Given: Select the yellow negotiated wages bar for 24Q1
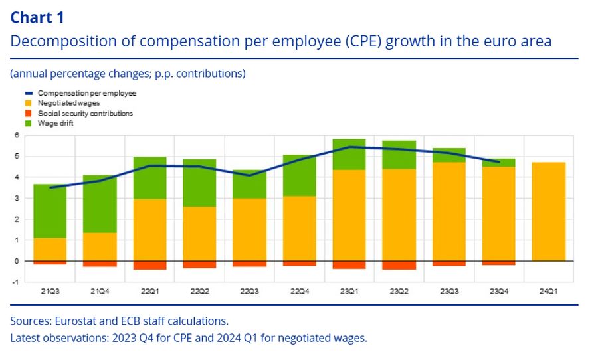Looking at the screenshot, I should tap(548, 211).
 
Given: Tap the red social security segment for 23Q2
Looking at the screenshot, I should tap(399, 265).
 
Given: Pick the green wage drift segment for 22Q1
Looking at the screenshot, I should tap(149, 178).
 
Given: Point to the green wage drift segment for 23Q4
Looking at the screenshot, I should tap(498, 163).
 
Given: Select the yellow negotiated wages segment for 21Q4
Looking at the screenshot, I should tap(100, 246).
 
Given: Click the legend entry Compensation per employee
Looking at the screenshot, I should tap(86, 94).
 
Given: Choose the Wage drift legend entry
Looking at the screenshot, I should tap(56, 123).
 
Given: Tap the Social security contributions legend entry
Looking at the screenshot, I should tap(85, 113).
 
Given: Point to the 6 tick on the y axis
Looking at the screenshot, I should tap(17, 135).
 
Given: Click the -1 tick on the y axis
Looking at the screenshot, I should tap(16, 282).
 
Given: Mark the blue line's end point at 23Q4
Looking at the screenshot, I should tap(499, 161).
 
